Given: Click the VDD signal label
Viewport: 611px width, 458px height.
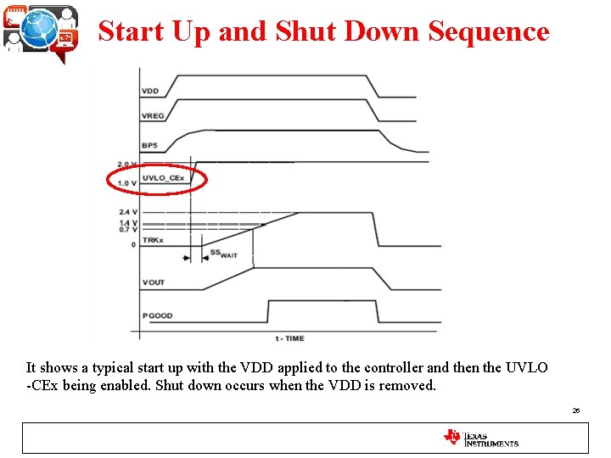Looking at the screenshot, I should click(150, 91).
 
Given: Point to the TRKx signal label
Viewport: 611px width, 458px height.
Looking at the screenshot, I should click(152, 240).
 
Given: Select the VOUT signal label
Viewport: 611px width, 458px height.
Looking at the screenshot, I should click(154, 282).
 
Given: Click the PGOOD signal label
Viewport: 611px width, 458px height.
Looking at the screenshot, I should click(157, 316).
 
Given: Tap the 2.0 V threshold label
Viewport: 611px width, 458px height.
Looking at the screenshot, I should click(127, 165).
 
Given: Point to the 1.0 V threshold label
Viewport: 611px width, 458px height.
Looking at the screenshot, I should click(127, 184).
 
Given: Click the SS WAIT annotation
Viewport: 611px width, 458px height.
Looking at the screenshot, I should click(223, 254).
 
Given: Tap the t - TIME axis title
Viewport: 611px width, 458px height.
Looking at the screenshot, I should click(289, 338).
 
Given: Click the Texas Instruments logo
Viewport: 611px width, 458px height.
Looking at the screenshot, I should click(480, 438).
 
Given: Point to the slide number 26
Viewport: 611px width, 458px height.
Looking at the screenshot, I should click(575, 411).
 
